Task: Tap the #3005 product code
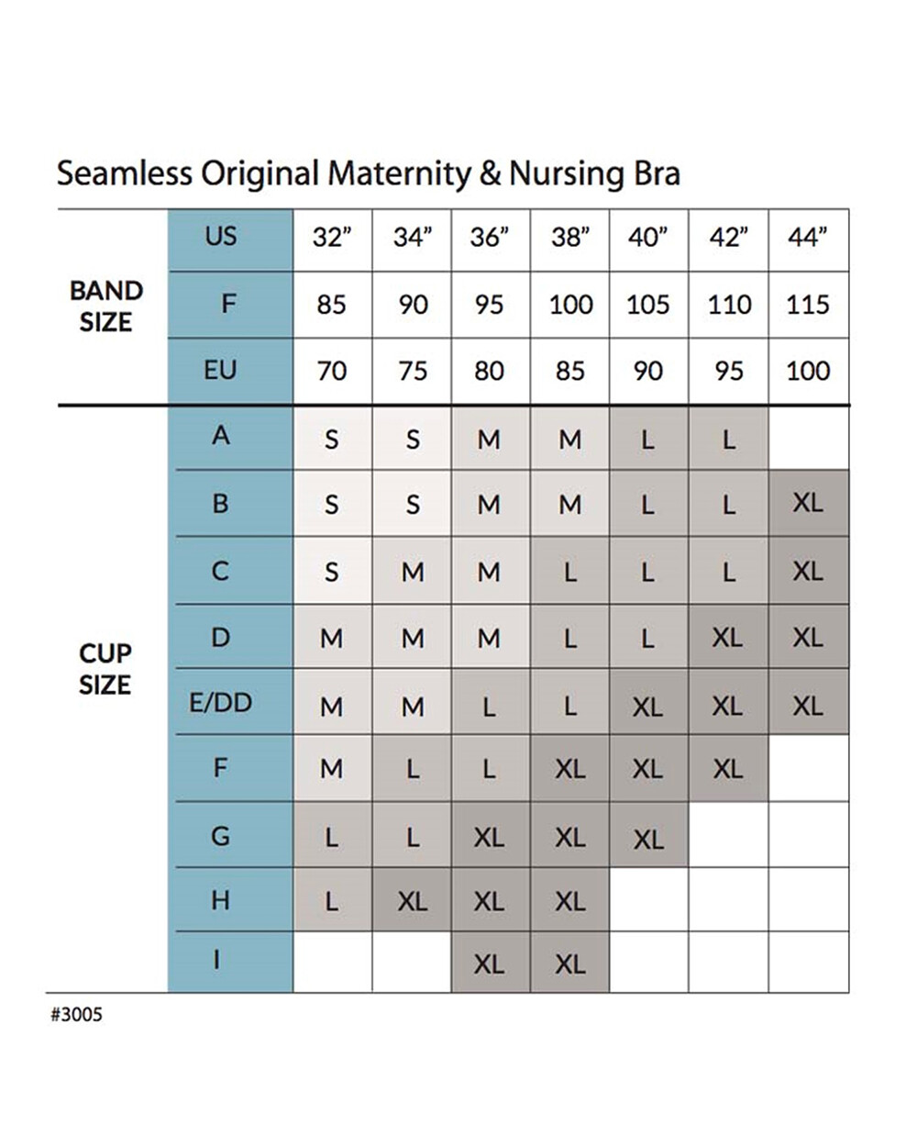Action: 76,1015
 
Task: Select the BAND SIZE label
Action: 106,306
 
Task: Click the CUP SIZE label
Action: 105,669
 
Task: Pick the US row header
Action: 221,236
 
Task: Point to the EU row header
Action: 219,370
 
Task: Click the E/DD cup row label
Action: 221,703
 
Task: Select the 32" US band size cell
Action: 332,240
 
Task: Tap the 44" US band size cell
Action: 808,240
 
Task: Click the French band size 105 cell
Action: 648,305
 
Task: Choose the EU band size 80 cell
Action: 491,371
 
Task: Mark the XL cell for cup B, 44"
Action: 808,503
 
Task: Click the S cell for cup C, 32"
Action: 332,571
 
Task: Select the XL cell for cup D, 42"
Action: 728,637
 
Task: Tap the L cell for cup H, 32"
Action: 332,900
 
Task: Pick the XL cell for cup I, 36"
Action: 491,963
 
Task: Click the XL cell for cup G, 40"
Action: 648,835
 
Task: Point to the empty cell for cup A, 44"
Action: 808,438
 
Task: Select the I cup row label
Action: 216,960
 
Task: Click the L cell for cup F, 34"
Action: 413,769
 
